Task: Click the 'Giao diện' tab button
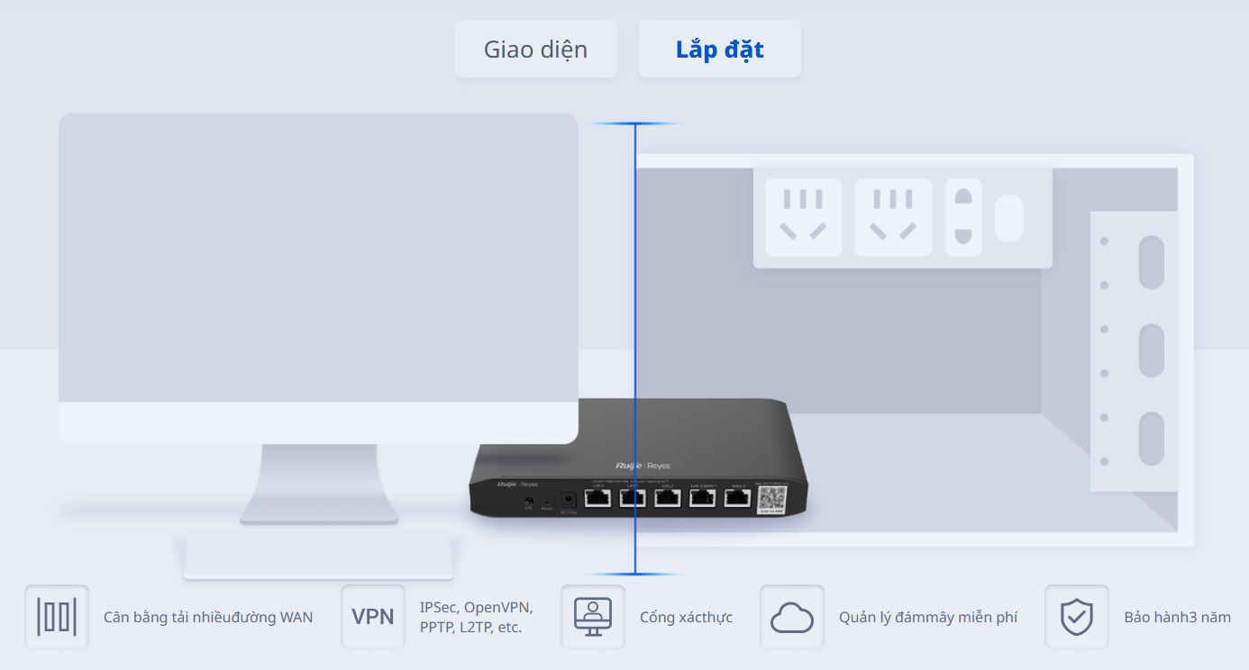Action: pyautogui.click(x=535, y=49)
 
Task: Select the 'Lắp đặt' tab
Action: pyautogui.click(x=719, y=49)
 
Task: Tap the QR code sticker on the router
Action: pyautogui.click(x=771, y=500)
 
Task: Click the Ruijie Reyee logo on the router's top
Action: pyautogui.click(x=643, y=466)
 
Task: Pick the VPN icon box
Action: pyautogui.click(x=373, y=617)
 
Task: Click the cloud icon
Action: pyautogui.click(x=792, y=617)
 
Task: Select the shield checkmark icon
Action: pyautogui.click(x=1076, y=617)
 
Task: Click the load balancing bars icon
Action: pyautogui.click(x=57, y=617)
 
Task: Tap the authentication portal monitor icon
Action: pyautogui.click(x=593, y=617)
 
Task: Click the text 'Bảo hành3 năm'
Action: pyautogui.click(x=1177, y=618)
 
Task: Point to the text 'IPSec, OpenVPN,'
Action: pyautogui.click(x=476, y=607)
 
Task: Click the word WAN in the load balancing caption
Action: pyautogui.click(x=296, y=618)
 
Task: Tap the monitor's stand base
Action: pyautogui.click(x=318, y=555)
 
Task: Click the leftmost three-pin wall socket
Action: pyautogui.click(x=803, y=217)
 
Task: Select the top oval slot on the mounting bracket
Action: pyautogui.click(x=1151, y=262)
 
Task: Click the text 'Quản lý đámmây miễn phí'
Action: pyautogui.click(x=927, y=618)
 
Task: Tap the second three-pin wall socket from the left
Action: pyautogui.click(x=893, y=217)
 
